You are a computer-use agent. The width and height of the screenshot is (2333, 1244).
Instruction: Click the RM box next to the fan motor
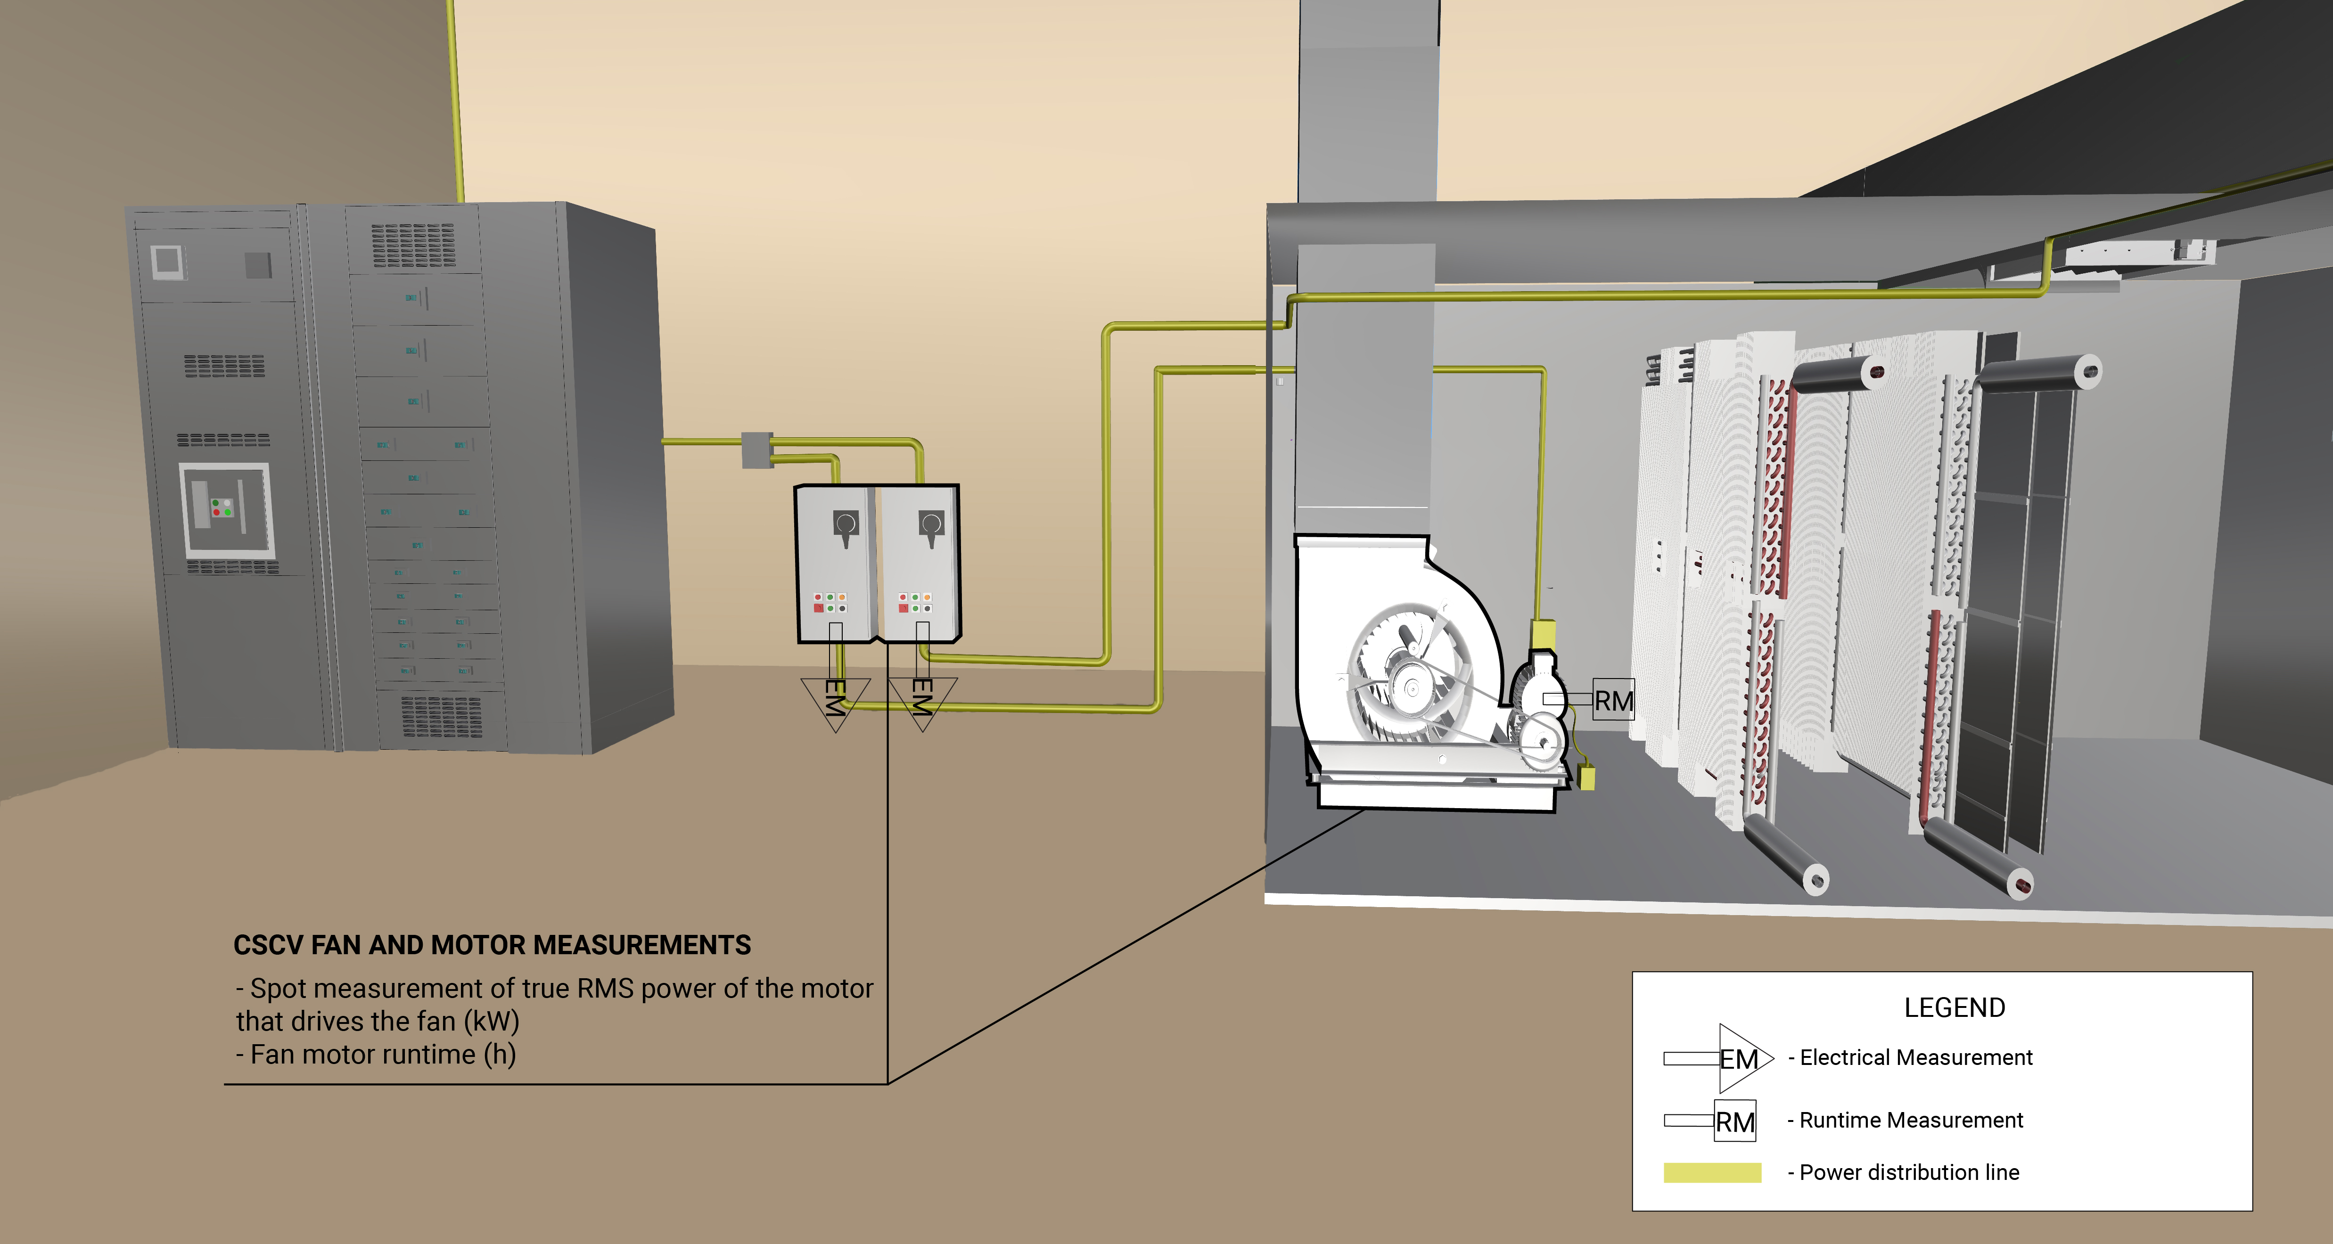point(1613,700)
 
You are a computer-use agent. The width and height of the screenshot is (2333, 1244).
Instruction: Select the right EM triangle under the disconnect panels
point(922,699)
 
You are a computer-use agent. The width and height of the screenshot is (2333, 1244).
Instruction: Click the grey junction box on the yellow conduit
point(757,450)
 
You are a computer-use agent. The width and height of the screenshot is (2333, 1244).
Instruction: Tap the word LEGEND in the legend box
point(1955,1008)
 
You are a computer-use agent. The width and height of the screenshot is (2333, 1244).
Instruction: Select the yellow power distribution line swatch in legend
point(1712,1172)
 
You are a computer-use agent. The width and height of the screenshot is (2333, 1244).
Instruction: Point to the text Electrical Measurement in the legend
point(1915,1057)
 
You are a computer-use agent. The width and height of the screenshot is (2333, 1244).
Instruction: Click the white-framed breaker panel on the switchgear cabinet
point(226,510)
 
